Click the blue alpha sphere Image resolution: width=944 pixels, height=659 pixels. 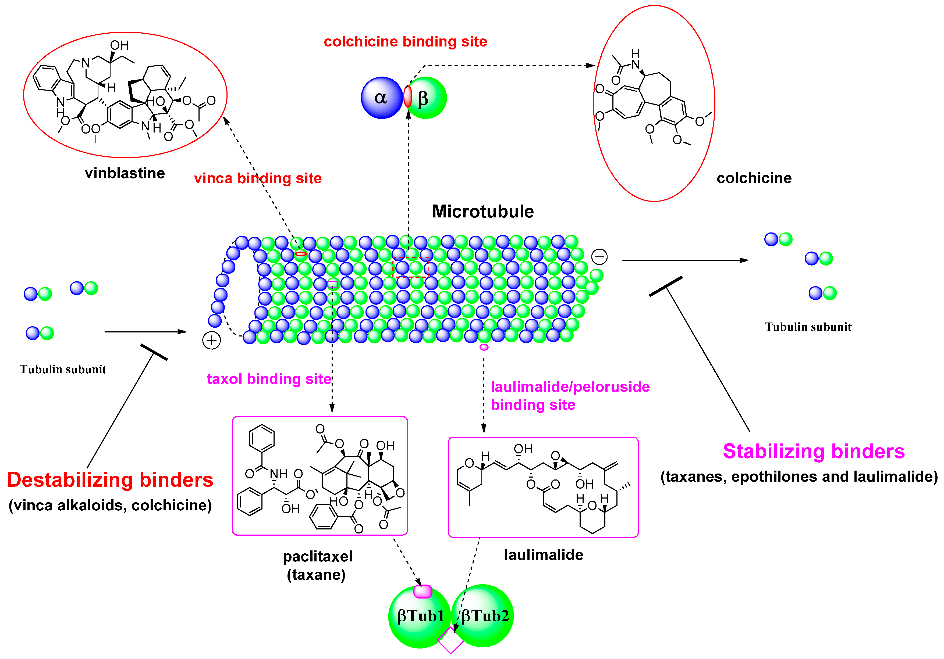[x=381, y=98]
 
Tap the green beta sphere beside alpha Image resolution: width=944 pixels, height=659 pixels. [x=428, y=98]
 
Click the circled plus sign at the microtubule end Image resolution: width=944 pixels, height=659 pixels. [x=211, y=340]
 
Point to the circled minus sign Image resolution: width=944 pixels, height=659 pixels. [x=599, y=257]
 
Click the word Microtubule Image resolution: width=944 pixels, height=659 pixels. [x=483, y=212]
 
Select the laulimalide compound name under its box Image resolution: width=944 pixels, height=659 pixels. [x=544, y=555]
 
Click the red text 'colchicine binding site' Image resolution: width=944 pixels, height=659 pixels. [x=405, y=41]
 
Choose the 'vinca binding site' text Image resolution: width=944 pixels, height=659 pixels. [x=258, y=178]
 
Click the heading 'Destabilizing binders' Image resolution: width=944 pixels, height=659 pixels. [x=110, y=480]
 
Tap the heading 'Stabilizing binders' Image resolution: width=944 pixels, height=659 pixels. [x=814, y=451]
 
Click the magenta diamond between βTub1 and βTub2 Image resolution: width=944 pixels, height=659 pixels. [x=451, y=641]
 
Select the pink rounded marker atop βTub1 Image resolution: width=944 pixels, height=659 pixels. [x=423, y=591]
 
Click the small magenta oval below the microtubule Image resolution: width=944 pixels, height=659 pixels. [x=484, y=347]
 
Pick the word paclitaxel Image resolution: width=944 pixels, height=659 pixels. [x=317, y=556]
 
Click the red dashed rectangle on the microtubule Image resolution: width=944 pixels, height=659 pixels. [x=411, y=267]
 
